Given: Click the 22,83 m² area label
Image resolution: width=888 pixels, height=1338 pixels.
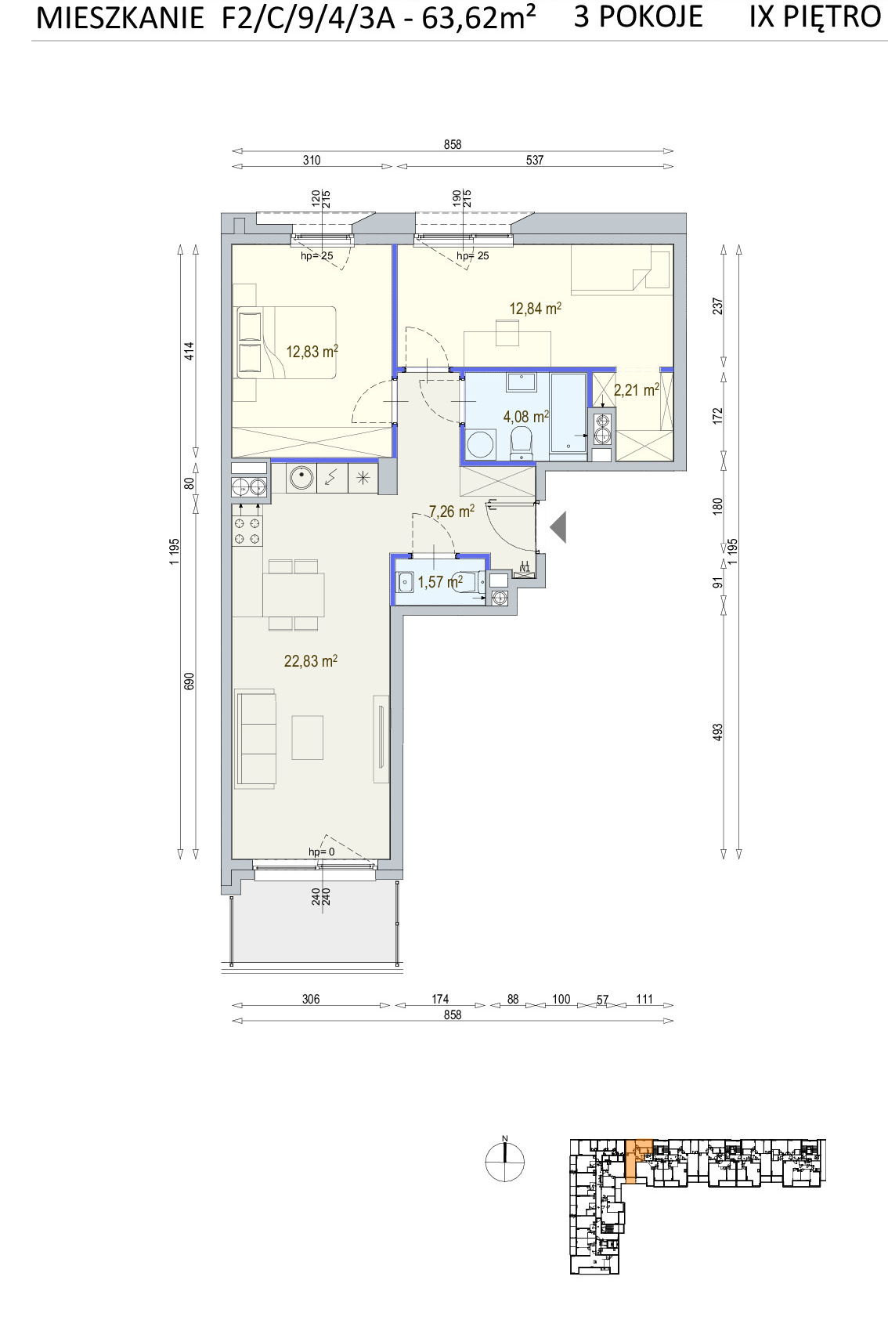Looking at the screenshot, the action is pyautogui.click(x=311, y=661).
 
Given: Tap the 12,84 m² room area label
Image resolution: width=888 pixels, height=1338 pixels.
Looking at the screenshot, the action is pyautogui.click(x=535, y=308).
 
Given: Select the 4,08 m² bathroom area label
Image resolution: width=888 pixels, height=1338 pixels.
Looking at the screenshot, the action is pyautogui.click(x=526, y=416).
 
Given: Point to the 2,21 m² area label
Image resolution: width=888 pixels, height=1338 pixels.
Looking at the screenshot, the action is pyautogui.click(x=637, y=390).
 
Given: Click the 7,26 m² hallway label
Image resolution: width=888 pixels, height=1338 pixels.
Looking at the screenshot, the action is pyautogui.click(x=452, y=512).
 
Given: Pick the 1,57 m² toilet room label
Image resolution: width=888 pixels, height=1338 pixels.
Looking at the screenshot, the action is pyautogui.click(x=440, y=581).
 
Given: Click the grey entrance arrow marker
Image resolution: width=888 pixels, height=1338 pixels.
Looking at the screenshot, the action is pyautogui.click(x=558, y=527).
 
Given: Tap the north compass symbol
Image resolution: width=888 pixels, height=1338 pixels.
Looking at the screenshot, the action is pyautogui.click(x=504, y=1162).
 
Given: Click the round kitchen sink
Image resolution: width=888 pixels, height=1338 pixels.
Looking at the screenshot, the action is pyautogui.click(x=301, y=477).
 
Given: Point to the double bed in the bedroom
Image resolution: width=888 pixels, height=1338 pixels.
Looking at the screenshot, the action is pyautogui.click(x=285, y=342).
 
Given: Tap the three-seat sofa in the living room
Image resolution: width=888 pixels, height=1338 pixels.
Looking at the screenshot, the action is pyautogui.click(x=256, y=738).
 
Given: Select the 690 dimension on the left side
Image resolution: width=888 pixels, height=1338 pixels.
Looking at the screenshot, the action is pyautogui.click(x=189, y=682).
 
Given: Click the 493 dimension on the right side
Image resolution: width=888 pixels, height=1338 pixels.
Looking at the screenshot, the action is pyautogui.click(x=717, y=732).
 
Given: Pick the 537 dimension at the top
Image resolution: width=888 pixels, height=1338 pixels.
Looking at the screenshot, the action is pyautogui.click(x=535, y=160).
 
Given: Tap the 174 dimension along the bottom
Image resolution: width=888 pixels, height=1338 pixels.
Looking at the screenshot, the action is pyautogui.click(x=440, y=999).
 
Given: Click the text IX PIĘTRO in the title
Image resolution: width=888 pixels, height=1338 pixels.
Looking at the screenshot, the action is pyautogui.click(x=815, y=16).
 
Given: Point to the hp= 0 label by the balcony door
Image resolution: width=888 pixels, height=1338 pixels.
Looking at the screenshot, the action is pyautogui.click(x=321, y=852).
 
